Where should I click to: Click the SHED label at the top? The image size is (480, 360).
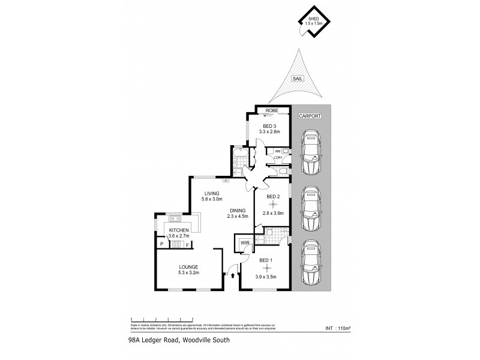(313, 20)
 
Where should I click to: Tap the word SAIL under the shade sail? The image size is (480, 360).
(296, 78)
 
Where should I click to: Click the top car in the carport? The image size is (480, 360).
(311, 153)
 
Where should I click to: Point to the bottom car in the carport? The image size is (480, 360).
(311, 263)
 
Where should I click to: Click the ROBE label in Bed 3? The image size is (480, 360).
(271, 111)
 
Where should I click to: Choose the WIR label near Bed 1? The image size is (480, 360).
(245, 243)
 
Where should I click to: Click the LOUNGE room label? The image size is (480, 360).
(188, 267)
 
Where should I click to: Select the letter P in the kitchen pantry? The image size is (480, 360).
(161, 244)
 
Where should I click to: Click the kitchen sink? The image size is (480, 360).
(175, 218)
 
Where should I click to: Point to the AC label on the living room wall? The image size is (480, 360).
(226, 179)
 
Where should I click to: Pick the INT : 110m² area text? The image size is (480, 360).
(337, 328)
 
